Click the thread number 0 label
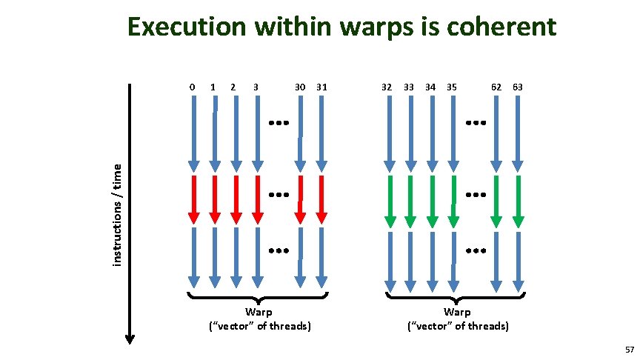point(193,87)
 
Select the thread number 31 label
point(321,87)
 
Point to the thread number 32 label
point(387,87)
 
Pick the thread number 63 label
point(518,87)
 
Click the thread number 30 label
point(300,87)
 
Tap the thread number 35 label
point(452,87)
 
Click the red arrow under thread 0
point(193,199)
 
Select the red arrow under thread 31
point(321,199)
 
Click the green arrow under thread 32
point(388,200)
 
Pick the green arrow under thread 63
point(518,200)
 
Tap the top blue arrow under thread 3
point(256,133)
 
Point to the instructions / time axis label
point(117,215)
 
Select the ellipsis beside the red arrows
point(278,195)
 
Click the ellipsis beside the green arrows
point(475,195)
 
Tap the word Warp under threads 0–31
point(258,312)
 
